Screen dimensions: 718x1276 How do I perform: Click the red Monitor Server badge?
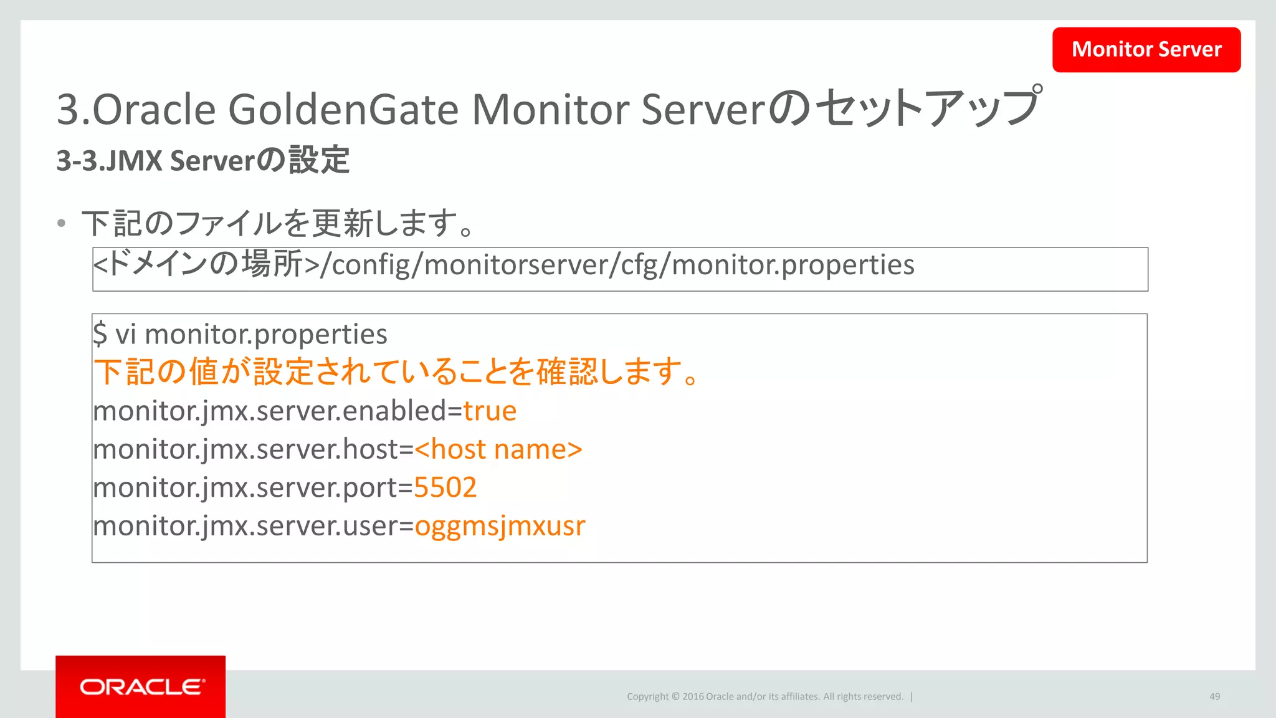1146,49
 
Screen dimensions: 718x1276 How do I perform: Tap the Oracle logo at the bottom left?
141,687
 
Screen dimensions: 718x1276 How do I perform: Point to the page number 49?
1214,696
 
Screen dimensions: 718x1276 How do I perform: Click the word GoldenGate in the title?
343,110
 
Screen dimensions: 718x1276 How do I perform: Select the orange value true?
490,411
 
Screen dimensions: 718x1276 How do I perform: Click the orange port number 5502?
445,487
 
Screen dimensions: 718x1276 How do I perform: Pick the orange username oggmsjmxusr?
500,526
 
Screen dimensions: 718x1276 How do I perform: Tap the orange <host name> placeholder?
498,449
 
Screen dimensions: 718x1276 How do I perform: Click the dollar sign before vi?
100,334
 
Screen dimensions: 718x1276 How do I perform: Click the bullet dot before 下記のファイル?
61,223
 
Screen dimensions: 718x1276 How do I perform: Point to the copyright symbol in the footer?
675,697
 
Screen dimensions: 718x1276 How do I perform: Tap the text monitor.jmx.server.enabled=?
278,411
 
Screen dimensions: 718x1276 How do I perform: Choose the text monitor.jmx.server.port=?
253,487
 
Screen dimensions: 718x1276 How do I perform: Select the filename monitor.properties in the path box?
793,265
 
